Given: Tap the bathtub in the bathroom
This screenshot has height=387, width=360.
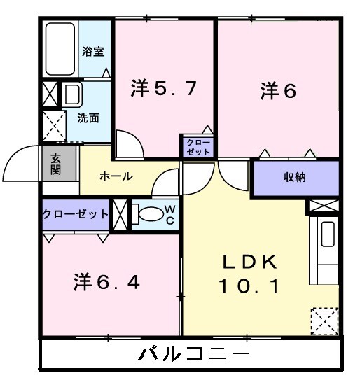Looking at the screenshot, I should tap(61, 49).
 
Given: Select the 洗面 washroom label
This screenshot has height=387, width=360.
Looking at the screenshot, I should tap(88, 118).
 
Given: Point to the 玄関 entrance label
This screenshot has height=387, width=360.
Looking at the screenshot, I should tap(56, 164).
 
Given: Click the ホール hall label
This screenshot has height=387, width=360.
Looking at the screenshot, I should tap(116, 176).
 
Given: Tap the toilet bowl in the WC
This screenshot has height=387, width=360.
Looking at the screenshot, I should tap(147, 215).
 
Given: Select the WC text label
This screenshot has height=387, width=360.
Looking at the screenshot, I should tap(170, 214).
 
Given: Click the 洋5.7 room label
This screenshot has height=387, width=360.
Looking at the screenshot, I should tap(162, 89).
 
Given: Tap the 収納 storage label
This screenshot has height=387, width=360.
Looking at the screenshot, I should tap(294, 178).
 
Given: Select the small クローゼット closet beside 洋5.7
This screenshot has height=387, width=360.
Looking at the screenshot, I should tap(198, 146).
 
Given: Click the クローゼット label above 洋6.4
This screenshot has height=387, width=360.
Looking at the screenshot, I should tap(76, 213).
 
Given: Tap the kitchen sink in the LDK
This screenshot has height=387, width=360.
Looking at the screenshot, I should tap(327, 234).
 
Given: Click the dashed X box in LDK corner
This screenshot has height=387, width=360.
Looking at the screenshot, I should tap(324, 321).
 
